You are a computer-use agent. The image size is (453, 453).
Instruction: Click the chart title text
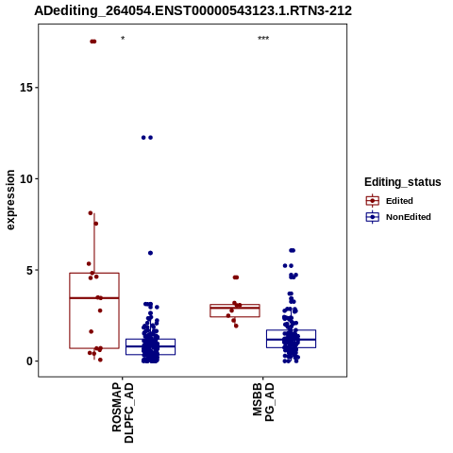point(193,10)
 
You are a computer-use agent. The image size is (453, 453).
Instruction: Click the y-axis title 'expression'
point(10,200)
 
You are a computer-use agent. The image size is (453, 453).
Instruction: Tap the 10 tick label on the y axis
point(26,178)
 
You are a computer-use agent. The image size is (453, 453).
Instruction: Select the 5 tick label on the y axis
point(30,270)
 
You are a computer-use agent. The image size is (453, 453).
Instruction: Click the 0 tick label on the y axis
point(30,361)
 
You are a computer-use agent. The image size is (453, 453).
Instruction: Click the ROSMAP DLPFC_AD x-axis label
point(123,412)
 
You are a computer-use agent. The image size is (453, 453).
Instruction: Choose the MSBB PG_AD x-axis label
point(263,402)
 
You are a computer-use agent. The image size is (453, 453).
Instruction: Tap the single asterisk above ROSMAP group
point(123,39)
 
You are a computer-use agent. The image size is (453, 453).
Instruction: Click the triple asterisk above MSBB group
point(263,39)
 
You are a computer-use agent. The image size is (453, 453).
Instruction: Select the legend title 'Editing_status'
point(403,182)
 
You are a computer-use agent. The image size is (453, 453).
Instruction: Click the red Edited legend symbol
point(373,200)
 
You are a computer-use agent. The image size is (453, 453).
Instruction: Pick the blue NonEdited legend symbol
point(373,217)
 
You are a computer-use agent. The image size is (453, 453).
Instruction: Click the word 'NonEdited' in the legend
point(409,217)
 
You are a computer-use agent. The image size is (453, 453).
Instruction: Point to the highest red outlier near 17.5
point(92,42)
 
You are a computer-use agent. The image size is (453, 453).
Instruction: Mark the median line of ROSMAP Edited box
point(94,297)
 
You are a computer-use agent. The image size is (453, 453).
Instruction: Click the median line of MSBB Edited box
point(235,308)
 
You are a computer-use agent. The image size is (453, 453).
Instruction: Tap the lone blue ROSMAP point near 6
point(150,253)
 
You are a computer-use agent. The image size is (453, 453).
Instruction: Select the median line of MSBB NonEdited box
point(291,340)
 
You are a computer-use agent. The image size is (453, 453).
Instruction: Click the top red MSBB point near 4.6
point(236,277)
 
